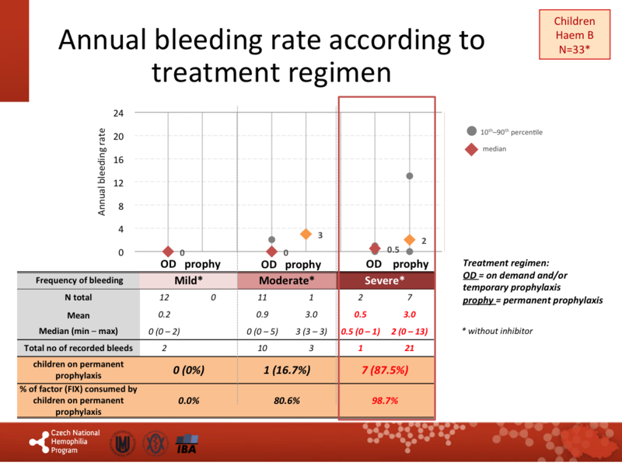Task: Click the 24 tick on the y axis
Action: (118, 113)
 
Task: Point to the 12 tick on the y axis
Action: (118, 183)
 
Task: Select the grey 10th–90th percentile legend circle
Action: (471, 132)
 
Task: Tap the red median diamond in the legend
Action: (471, 148)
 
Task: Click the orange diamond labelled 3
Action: (306, 235)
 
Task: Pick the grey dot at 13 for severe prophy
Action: (410, 176)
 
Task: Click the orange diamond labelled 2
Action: (410, 240)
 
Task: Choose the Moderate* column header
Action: (286, 280)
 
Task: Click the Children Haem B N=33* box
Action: (573, 34)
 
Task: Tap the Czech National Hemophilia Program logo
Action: (62, 442)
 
